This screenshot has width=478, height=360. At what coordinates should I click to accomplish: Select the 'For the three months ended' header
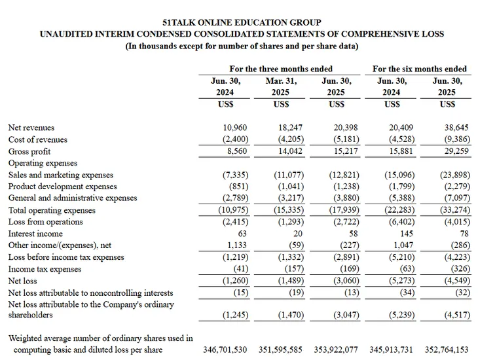click(x=281, y=69)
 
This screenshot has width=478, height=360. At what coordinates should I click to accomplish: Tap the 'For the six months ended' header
click(x=420, y=69)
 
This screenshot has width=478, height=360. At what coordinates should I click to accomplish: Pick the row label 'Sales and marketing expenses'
click(x=60, y=175)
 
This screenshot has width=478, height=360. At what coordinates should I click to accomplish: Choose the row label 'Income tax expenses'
click(x=45, y=269)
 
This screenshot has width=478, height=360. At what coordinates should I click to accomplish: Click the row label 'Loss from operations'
click(x=45, y=222)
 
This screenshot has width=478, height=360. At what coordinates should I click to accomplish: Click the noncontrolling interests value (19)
click(x=287, y=293)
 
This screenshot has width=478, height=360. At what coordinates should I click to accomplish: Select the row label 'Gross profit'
click(x=29, y=151)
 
